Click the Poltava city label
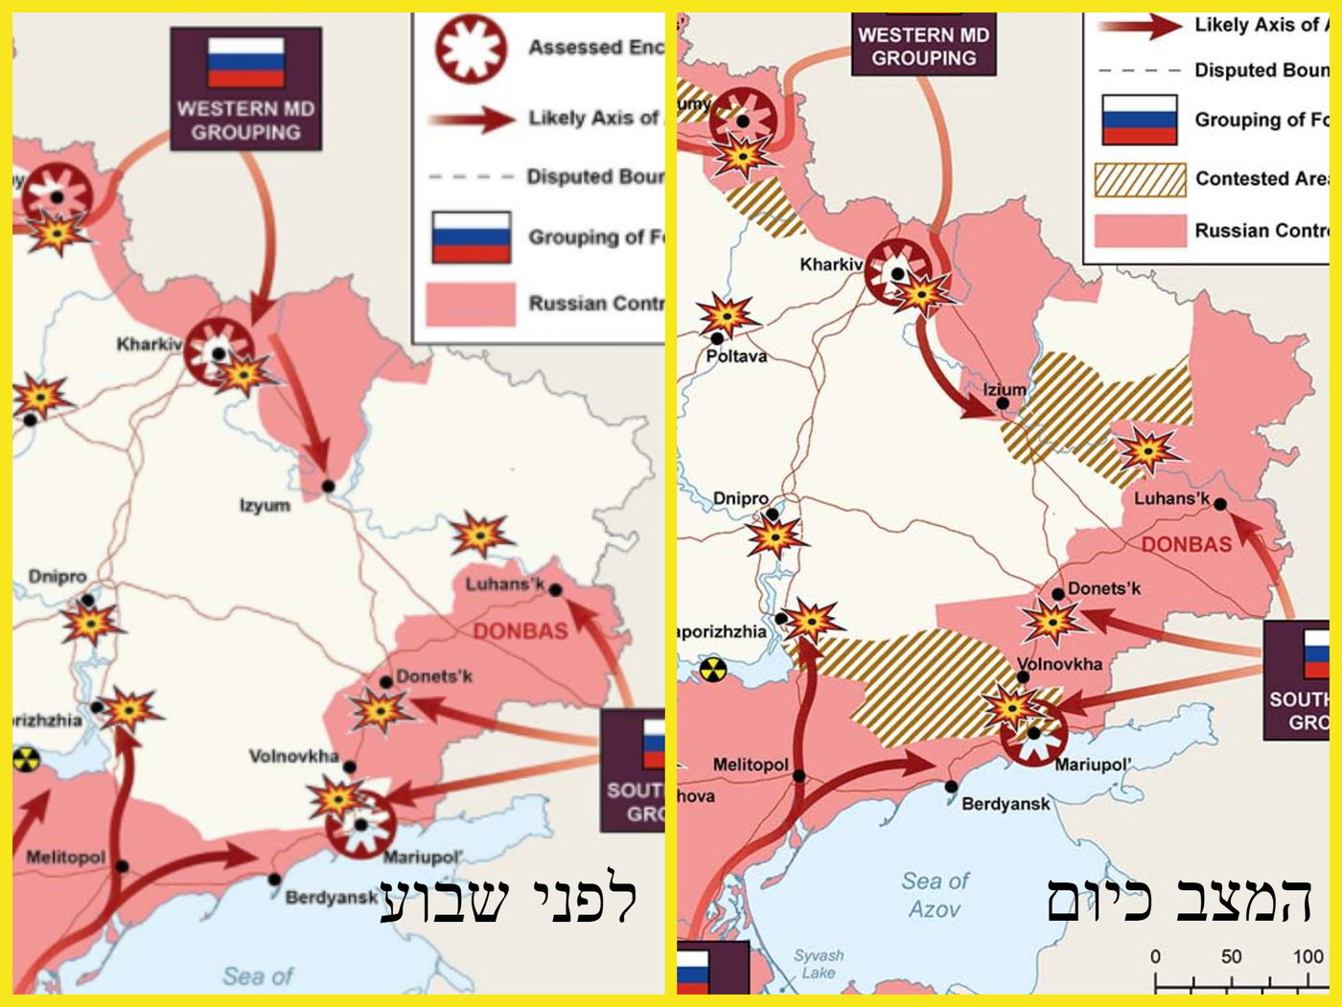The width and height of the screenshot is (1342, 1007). coord(736,356)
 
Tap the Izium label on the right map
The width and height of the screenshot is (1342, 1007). coord(1004,389)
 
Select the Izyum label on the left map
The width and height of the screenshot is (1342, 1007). coord(265,505)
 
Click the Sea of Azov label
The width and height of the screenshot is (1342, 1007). coord(935,894)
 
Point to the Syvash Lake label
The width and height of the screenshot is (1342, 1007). coord(819,963)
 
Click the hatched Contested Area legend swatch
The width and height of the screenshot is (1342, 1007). coord(1140,179)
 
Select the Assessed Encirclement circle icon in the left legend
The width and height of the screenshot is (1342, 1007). coord(471,47)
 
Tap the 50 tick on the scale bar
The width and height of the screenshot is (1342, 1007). coord(1231,956)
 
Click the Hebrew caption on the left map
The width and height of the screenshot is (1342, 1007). coord(508,900)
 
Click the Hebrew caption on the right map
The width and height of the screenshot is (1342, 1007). coord(1178,900)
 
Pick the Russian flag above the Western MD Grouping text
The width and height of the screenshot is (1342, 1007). coord(246,62)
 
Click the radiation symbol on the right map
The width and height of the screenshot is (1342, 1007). coord(712,669)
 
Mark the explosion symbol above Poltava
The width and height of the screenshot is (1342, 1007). coord(726,315)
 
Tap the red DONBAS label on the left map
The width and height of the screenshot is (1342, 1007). coord(520,630)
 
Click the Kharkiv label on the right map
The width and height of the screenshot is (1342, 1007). coord(831,263)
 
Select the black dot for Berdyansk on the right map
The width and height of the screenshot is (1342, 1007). coord(950,787)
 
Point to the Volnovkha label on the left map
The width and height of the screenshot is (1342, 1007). coord(293,756)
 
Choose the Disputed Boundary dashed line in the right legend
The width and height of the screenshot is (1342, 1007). coord(1139,70)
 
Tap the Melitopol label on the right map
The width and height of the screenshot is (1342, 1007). coord(750,765)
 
